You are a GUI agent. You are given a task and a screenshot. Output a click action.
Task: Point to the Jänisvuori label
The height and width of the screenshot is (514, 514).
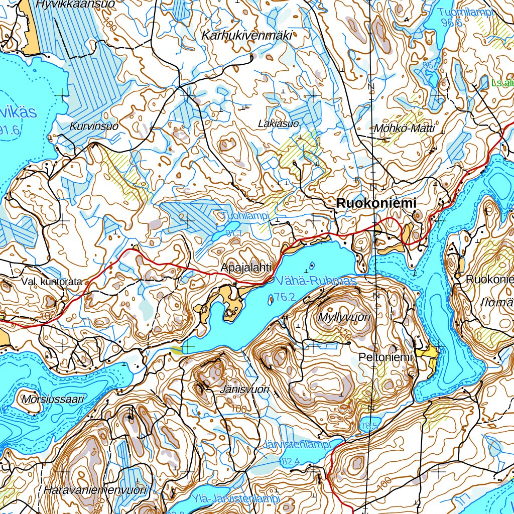pyautogui.click(x=244, y=389)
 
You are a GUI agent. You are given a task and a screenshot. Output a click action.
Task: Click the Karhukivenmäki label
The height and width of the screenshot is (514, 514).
pyautogui.click(x=246, y=36)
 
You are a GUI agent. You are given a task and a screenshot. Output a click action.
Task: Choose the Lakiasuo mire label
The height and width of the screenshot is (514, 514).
pyautogui.click(x=278, y=123)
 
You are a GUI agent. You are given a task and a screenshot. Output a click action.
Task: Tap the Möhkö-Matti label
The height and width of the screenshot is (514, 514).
pyautogui.click(x=404, y=129)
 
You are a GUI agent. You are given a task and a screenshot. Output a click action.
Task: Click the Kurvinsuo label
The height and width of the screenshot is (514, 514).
pyautogui.click(x=94, y=126)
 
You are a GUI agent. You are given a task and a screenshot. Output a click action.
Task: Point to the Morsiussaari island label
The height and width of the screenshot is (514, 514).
pyautogui.click(x=53, y=400)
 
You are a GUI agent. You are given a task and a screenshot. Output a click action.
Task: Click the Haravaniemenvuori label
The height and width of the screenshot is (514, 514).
pyautogui.click(x=95, y=490)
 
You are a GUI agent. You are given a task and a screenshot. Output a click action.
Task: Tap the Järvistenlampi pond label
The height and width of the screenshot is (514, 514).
pyautogui.click(x=297, y=445)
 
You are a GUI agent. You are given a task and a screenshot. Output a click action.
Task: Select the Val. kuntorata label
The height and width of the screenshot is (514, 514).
pyautogui.click(x=51, y=282)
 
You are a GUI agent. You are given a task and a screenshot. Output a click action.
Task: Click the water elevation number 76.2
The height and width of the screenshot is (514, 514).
pyautogui.click(x=284, y=297)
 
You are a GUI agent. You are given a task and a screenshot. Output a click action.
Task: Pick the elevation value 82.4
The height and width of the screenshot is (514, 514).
pyautogui.click(x=291, y=461)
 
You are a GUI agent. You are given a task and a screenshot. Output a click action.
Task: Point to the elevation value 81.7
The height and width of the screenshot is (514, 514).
pyautogui.click(x=234, y=233)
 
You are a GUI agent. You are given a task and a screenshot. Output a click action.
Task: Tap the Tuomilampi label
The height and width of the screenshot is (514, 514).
pyautogui.click(x=465, y=13)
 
